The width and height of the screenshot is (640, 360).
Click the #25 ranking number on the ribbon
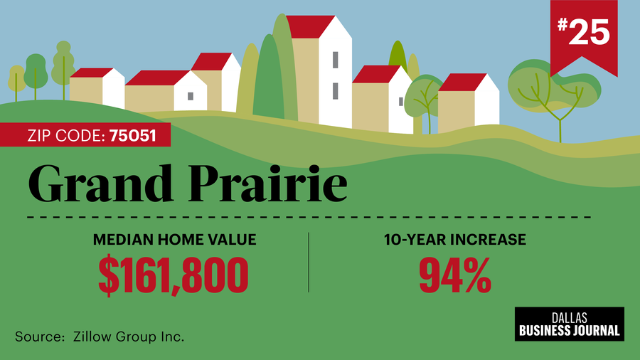(584, 32)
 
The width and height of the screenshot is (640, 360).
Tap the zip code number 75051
(133, 135)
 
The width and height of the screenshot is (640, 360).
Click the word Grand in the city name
(101, 184)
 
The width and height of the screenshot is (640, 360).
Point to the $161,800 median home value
(173, 275)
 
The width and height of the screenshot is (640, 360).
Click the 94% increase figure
(455, 275)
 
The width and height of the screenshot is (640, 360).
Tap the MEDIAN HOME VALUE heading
(175, 240)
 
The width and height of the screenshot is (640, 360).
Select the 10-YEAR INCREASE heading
(455, 240)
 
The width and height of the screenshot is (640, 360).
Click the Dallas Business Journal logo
(570, 324)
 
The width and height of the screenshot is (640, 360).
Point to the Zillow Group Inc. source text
(129, 337)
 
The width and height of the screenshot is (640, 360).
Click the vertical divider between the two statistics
(309, 263)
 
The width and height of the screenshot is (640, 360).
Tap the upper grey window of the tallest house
(335, 60)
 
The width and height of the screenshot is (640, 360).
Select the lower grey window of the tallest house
(335, 91)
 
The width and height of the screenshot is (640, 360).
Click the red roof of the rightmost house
(462, 83)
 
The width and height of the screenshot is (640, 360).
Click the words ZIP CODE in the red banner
(64, 135)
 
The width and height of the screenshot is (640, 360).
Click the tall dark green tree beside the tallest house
(268, 78)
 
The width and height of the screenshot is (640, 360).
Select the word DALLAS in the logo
(570, 318)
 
